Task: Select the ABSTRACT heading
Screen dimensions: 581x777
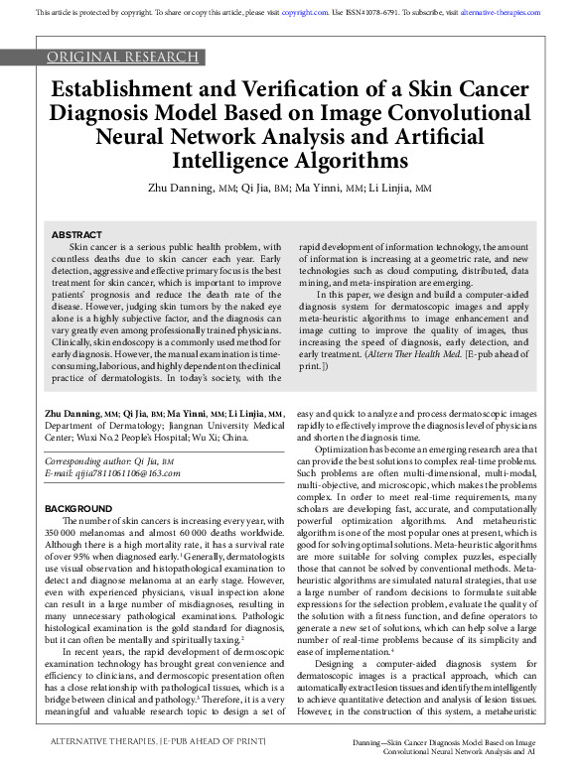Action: pos(76,234)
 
